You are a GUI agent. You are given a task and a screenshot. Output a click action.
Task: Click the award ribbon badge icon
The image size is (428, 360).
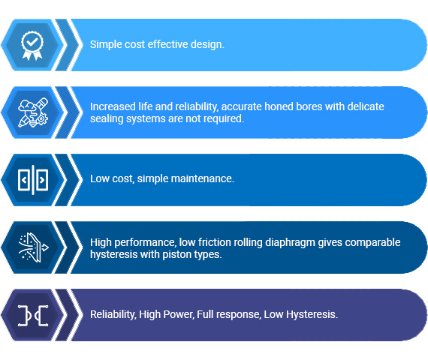pos(32,45)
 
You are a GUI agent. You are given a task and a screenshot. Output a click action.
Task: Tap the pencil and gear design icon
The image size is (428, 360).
pos(33,112)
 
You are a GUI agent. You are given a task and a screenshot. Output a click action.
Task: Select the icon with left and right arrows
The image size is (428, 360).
pos(33,180)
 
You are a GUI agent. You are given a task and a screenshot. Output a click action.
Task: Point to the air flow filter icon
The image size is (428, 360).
pos(33,247)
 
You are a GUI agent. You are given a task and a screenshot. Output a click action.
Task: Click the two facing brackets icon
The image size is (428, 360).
pos(33,315)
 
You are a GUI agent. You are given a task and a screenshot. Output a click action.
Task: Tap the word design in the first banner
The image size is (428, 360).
pos(207,45)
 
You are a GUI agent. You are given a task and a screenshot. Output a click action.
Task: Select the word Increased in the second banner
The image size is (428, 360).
pos(113,106)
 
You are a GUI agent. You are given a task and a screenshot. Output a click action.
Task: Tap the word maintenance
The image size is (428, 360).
pos(203,179)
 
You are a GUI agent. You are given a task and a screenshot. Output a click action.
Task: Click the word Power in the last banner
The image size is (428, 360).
pos(178,315)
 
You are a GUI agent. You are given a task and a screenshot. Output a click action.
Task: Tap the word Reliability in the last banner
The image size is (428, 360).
pos(113,315)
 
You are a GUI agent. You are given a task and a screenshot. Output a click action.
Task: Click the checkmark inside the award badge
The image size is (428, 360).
pos(32,42)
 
